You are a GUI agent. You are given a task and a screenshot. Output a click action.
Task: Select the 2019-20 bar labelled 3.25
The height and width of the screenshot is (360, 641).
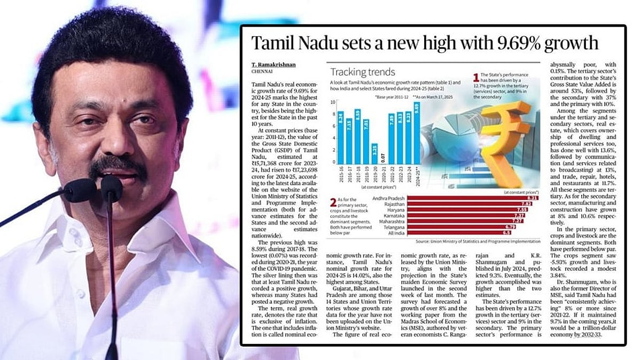[x=375, y=154]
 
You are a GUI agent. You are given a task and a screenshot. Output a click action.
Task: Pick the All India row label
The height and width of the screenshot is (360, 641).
[x=396, y=233]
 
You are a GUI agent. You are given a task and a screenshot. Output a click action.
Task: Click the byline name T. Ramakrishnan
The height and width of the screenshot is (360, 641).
[x=273, y=65]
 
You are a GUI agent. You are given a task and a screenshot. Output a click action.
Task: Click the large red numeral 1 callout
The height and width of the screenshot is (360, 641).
[x=476, y=78]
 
